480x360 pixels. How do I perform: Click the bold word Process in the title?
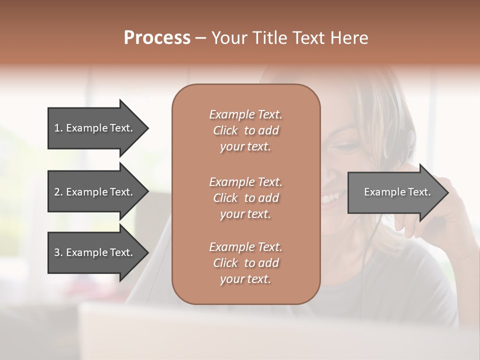tap(157, 38)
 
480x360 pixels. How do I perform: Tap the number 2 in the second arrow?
tap(57, 192)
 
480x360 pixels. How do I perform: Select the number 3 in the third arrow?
tap(57, 252)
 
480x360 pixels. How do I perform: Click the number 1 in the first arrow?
tap(56, 128)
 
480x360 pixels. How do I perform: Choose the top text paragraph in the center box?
tap(245, 130)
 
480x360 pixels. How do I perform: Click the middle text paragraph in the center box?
tap(245, 197)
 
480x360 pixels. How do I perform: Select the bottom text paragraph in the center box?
tap(245, 263)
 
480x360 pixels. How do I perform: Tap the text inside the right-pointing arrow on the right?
tap(397, 192)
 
